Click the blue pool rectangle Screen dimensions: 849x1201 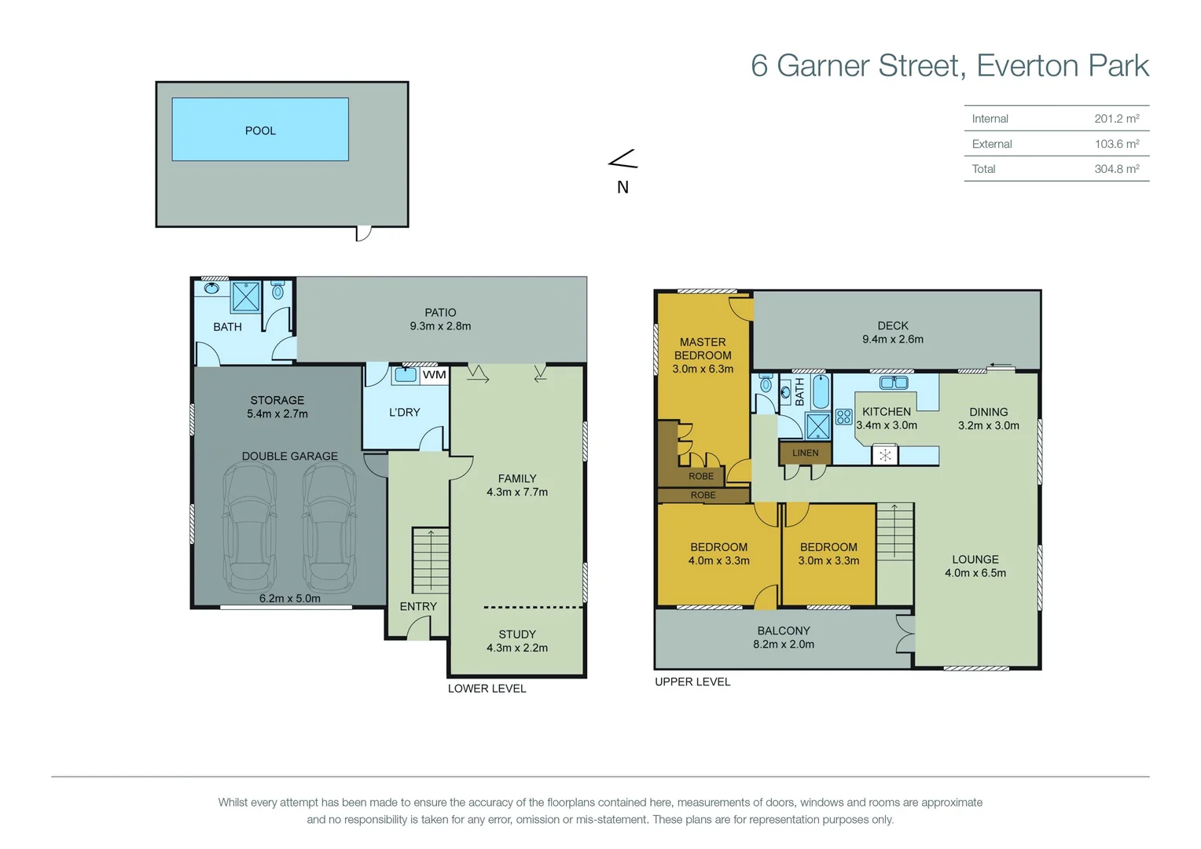coord(260,130)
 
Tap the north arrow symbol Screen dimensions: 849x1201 coord(623,160)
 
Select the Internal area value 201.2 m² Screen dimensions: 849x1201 coord(1116,119)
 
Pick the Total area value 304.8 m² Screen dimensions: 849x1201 coord(1116,169)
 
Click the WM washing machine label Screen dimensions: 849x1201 coord(434,375)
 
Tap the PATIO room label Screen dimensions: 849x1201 coord(440,312)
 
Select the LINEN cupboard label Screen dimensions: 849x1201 coord(805,453)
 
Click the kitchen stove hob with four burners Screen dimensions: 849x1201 coord(843,417)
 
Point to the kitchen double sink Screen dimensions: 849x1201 coord(894,383)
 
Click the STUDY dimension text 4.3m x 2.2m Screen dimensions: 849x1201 coord(516,648)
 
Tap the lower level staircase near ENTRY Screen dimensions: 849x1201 coord(430,560)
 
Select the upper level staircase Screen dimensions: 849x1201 coord(894,531)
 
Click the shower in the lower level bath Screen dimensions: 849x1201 coord(246,297)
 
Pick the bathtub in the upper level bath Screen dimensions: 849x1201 coord(820,390)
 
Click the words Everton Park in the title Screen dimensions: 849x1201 coord(1062,65)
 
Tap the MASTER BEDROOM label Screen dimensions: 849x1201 coord(703,348)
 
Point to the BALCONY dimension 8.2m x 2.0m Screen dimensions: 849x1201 coord(783,645)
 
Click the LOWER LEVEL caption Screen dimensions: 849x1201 coord(487,689)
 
